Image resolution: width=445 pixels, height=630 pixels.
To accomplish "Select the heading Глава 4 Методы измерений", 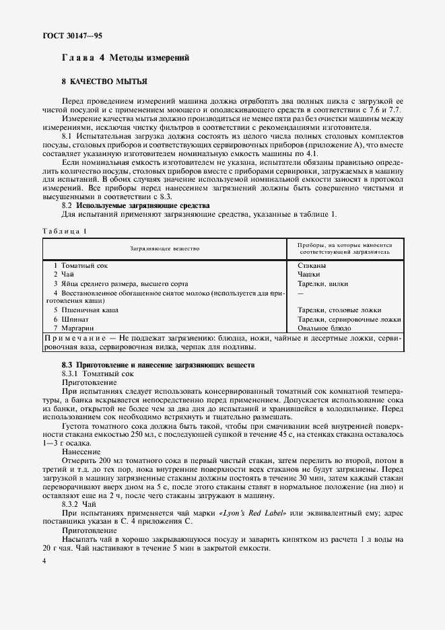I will click(x=125, y=58).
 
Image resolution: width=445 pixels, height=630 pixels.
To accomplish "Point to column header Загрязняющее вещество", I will click(x=165, y=248).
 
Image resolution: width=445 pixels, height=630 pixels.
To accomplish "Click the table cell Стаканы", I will click(x=312, y=265).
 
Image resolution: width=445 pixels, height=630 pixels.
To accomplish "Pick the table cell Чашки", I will click(x=310, y=275).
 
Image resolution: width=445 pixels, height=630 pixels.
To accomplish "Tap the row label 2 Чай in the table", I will click(x=65, y=275).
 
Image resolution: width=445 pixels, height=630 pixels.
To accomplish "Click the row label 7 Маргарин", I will click(x=74, y=328).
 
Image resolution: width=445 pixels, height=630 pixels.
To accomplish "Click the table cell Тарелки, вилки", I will click(x=322, y=283).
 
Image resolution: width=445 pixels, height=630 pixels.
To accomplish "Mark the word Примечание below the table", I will click(x=72, y=337).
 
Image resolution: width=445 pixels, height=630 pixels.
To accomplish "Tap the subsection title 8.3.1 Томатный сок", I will click(x=98, y=372).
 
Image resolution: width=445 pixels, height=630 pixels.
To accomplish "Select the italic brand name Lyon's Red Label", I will click(x=255, y=514).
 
